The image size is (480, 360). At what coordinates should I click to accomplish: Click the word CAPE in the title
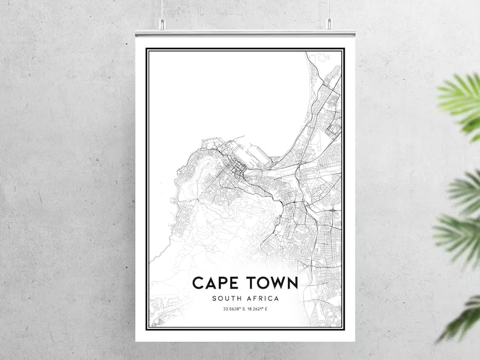tap(216, 283)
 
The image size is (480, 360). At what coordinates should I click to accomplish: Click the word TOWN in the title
tap(273, 283)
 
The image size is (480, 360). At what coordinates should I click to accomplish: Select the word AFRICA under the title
tap(263, 298)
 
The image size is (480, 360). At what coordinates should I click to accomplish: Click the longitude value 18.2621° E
tap(258, 310)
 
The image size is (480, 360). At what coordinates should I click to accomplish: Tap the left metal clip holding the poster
tap(161, 24)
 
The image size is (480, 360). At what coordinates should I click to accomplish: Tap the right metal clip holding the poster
tap(329, 24)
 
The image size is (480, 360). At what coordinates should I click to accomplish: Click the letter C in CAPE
tap(197, 283)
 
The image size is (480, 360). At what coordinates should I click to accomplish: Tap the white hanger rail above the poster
tap(245, 32)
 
